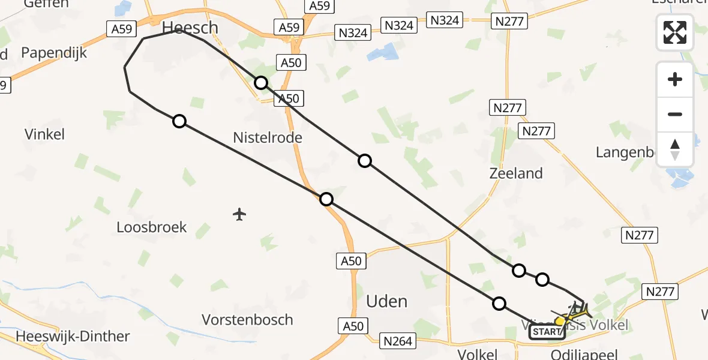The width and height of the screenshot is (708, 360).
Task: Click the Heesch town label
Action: tap(190, 28)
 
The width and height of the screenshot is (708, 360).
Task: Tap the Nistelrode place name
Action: tap(268, 138)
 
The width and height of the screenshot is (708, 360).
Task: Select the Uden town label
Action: tap(386, 301)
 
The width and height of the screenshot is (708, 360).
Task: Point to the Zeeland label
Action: tap(516, 173)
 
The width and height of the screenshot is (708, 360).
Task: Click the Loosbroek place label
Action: tap(152, 227)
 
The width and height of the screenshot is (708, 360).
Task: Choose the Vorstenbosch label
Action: tap(247, 319)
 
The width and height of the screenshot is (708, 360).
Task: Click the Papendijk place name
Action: tap(54, 53)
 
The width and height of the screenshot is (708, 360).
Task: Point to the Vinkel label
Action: tap(44, 134)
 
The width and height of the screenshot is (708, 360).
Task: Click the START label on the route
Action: tap(547, 332)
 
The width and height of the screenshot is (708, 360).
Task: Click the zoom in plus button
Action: tap(675, 79)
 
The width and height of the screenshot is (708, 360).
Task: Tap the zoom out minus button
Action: tap(675, 114)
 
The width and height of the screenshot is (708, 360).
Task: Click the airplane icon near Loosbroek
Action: tap(239, 214)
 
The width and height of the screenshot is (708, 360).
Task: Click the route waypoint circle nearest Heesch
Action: tap(261, 83)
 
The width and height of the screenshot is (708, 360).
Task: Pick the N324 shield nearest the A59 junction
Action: tap(353, 32)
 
